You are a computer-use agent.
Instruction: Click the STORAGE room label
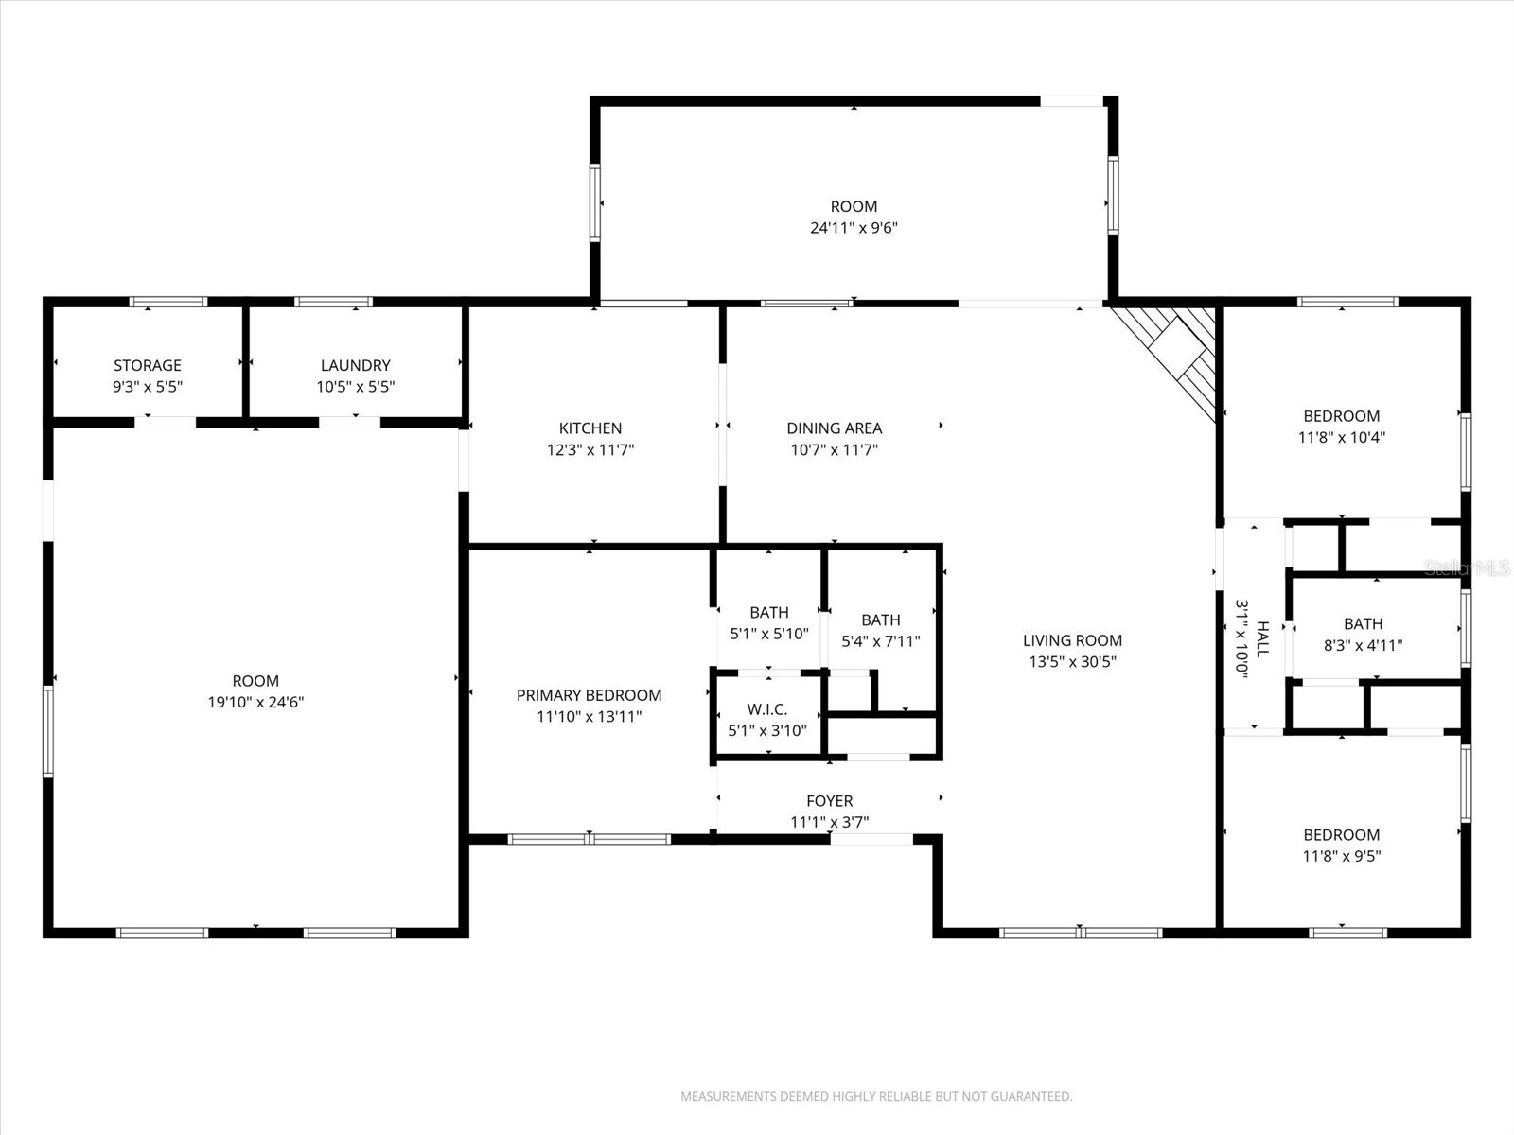click(147, 365)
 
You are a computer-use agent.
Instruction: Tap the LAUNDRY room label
click(355, 365)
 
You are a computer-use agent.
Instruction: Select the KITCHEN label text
click(590, 428)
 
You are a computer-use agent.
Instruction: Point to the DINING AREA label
click(834, 428)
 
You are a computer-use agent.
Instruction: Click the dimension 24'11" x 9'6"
click(853, 228)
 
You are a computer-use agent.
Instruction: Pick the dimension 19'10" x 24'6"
click(255, 702)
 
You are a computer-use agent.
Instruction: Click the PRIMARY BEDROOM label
click(589, 695)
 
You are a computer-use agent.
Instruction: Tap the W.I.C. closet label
click(766, 709)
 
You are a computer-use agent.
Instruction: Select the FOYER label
click(829, 801)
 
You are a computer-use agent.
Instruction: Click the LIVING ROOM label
click(1072, 640)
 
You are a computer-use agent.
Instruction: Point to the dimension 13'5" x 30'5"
click(1072, 662)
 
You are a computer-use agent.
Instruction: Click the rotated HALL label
click(1261, 638)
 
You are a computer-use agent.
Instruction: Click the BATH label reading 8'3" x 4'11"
click(1363, 624)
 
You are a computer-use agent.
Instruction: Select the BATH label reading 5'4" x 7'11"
click(880, 620)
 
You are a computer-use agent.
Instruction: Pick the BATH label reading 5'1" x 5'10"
click(768, 613)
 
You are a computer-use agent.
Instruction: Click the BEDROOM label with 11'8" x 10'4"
click(1341, 416)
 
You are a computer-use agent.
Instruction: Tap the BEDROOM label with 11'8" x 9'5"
click(1341, 835)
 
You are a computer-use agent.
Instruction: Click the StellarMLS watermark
click(1467, 567)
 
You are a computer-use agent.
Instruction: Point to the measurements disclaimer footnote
click(876, 1097)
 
